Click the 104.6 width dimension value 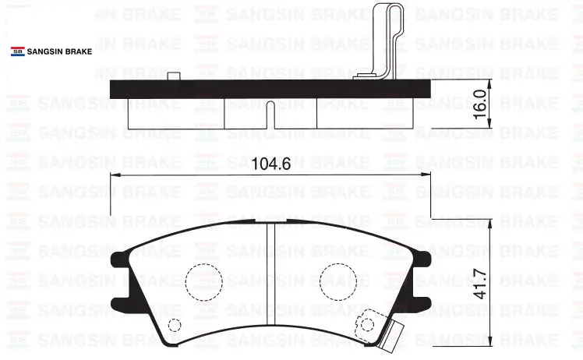click(x=271, y=164)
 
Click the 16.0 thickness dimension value click(x=480, y=104)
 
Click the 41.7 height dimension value click(x=480, y=284)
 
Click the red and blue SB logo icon click(x=18, y=51)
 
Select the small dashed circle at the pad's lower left click(x=175, y=325)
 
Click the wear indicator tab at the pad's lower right click(x=390, y=335)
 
